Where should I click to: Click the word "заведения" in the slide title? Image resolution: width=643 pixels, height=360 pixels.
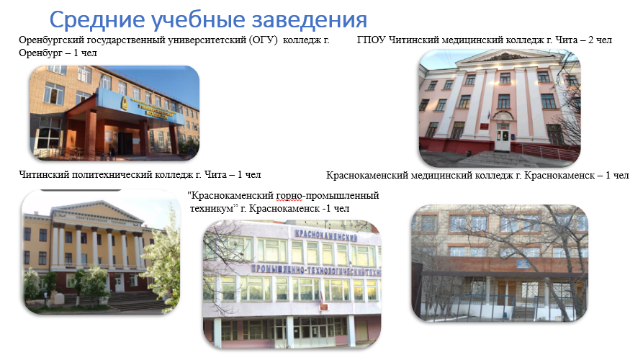(x=309, y=19)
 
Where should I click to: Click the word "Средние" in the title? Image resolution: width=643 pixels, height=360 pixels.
(x=97, y=19)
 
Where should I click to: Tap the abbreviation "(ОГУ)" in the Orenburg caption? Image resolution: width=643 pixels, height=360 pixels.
(x=263, y=40)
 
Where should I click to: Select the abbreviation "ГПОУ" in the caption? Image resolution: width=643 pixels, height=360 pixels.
(x=371, y=40)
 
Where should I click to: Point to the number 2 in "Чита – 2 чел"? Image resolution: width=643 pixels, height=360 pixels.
(x=590, y=40)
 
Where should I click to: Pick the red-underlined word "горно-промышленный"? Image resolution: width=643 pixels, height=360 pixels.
(x=328, y=196)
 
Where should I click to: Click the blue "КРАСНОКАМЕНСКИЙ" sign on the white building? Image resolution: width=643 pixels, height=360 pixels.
(x=326, y=235)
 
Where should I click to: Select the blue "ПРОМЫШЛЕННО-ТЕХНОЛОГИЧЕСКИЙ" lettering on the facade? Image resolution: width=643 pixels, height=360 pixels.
(x=316, y=269)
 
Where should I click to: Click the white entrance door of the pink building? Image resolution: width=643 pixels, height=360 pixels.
(x=503, y=140)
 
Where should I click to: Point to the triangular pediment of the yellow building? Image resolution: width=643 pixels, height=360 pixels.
(x=96, y=212)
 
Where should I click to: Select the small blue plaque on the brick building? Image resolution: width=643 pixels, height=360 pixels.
(x=523, y=264)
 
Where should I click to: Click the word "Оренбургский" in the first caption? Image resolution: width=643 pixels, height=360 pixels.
(x=52, y=40)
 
